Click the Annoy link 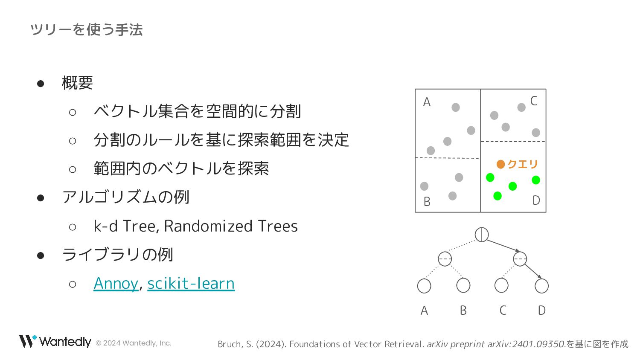pos(116,283)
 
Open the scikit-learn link pos(191,283)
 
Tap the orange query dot pos(500,164)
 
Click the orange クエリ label pos(523,164)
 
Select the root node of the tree pos(482,235)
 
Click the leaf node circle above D pos(541,286)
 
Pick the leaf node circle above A pos(424,286)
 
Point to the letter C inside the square pos(533,101)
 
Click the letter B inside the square pos(427,202)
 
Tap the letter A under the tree pos(424,310)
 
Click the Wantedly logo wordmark pos(65,342)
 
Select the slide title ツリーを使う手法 pos(86,30)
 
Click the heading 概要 pos(77,83)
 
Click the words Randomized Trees pos(231,226)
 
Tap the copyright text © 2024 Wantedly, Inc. pos(133,343)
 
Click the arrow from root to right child pos(503,246)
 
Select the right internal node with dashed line pos(520,259)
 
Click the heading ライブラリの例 pos(117,255)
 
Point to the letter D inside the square pos(536,200)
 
